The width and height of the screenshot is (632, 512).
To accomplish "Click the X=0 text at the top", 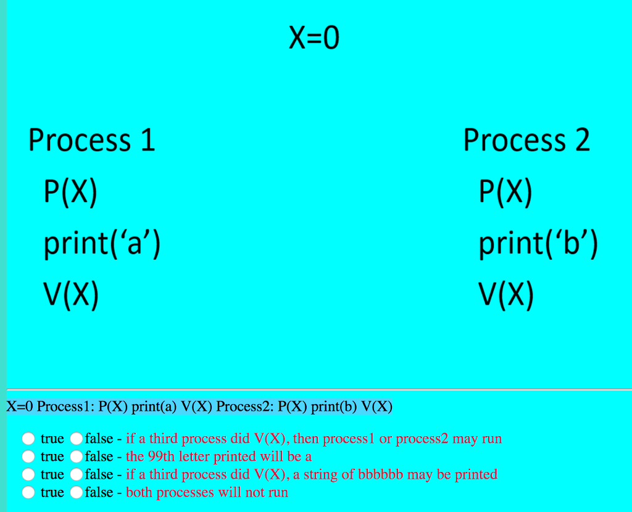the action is pos(314,38).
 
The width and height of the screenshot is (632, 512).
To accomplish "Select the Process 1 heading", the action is pos(91,140).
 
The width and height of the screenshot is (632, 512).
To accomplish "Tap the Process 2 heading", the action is pos(526,140).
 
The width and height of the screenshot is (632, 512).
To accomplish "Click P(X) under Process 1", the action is pos(70,192).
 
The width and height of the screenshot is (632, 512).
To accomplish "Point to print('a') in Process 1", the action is pos(102,244).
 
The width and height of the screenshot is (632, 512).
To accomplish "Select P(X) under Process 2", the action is pos(505,192).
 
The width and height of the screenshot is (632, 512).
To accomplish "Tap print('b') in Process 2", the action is pos(538,244).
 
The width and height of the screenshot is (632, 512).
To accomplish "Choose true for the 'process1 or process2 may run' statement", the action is pos(28,438).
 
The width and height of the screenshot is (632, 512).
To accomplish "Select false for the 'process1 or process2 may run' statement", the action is pos(76,438).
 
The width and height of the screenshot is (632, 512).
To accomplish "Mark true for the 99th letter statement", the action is pos(28,456).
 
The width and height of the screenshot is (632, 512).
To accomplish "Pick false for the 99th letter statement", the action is pos(76,456).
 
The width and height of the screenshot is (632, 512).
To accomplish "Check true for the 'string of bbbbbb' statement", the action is pos(28,474).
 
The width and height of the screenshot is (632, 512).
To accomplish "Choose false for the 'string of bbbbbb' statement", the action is pos(76,474).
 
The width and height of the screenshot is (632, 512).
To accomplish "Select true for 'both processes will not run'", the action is pos(28,492).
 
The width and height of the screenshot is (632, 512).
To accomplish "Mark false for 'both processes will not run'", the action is pos(76,492).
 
